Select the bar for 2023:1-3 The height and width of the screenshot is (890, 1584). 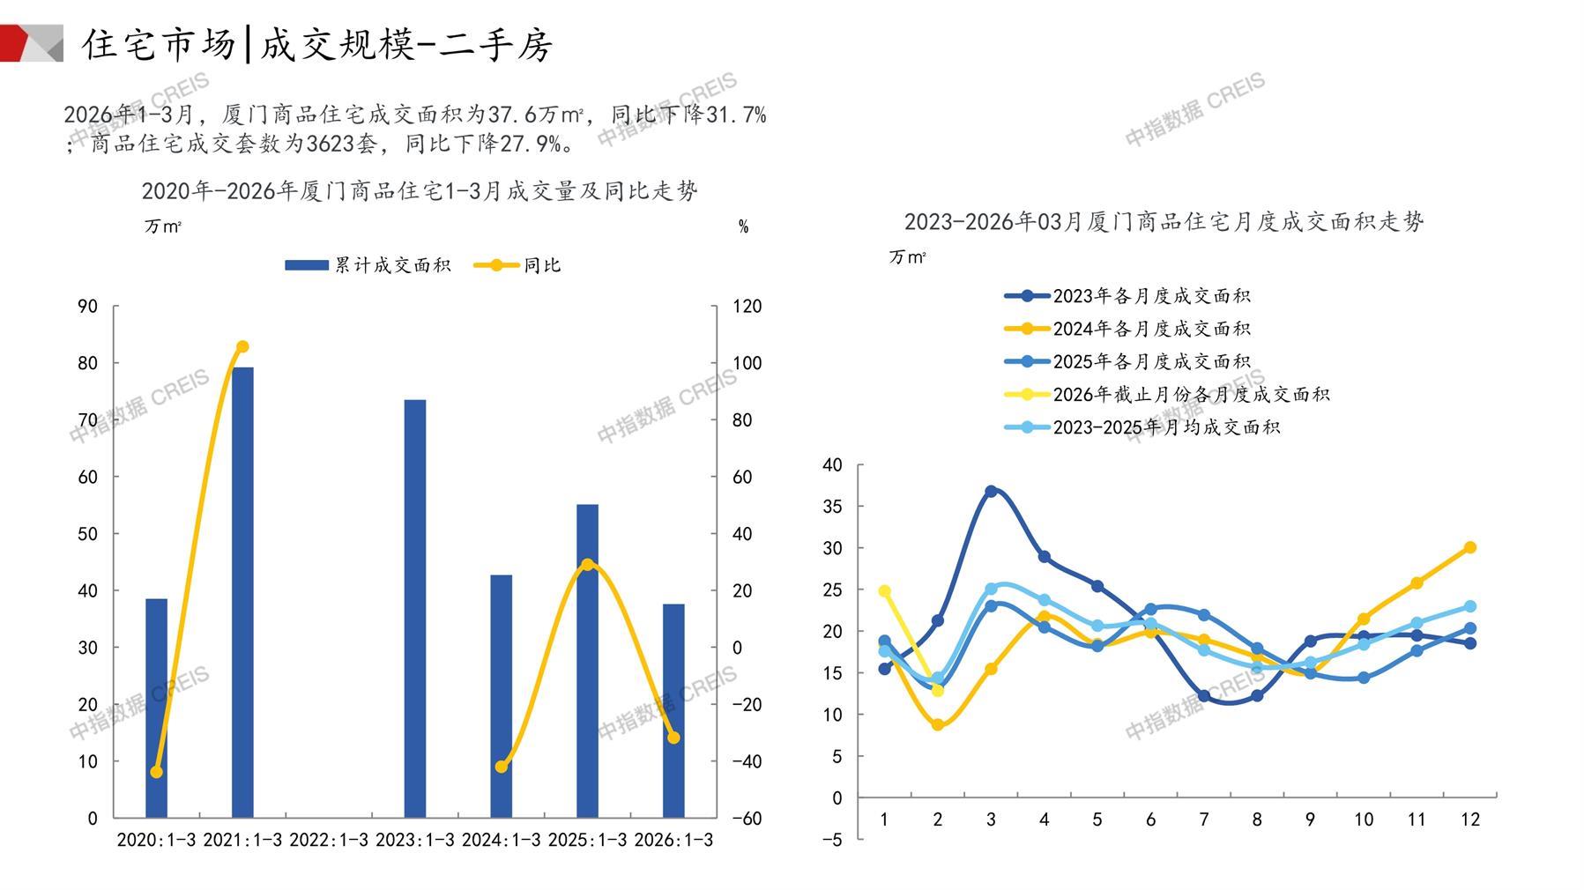414,608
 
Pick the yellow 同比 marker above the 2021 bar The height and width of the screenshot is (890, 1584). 242,346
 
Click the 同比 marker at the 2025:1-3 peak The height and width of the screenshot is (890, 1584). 588,564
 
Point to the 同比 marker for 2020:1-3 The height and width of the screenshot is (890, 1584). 157,772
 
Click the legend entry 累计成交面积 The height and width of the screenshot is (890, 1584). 368,265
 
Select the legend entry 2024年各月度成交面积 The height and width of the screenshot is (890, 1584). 1128,329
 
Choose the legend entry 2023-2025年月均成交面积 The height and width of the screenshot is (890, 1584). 1142,427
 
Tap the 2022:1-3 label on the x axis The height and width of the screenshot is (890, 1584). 329,840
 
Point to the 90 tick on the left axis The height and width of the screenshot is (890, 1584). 87,307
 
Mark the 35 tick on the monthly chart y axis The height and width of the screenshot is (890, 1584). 832,507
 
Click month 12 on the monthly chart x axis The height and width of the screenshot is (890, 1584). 1469,820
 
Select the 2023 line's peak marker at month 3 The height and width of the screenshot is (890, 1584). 991,491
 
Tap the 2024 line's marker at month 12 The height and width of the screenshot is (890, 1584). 1469,547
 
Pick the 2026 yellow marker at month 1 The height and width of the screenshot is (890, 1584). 885,591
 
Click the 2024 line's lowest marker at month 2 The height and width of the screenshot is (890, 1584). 938,725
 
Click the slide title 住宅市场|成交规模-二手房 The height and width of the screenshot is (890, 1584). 317,44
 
